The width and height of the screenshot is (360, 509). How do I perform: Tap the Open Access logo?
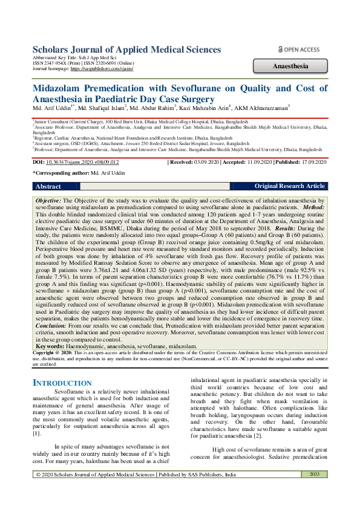tap(299, 50)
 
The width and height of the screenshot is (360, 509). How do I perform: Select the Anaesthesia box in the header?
tap(291, 66)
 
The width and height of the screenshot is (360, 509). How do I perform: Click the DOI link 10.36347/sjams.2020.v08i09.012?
tap(85, 163)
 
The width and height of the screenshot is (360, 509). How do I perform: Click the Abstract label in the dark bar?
tap(48, 187)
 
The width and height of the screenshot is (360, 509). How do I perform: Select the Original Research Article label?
tap(290, 187)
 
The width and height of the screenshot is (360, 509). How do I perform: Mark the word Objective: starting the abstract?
tap(48, 199)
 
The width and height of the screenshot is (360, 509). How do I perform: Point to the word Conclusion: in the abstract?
tap(50, 325)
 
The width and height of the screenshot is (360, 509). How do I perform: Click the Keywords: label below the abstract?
tap(51, 346)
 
